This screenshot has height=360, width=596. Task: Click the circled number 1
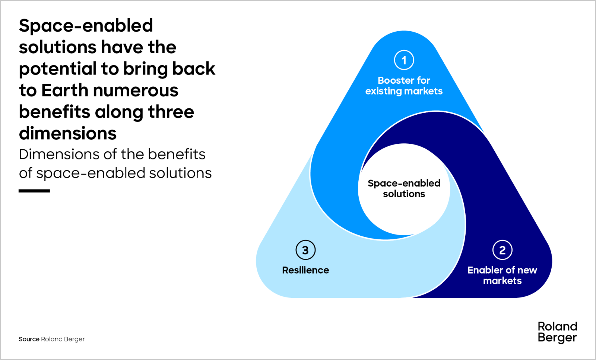pyautogui.click(x=404, y=60)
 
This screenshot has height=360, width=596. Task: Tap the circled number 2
pyautogui.click(x=502, y=250)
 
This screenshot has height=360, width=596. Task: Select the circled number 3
pyautogui.click(x=305, y=250)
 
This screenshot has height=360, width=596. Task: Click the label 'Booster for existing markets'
pyautogui.click(x=404, y=86)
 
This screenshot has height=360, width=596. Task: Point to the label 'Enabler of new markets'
pyautogui.click(x=502, y=275)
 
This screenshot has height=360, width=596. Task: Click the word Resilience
pyautogui.click(x=305, y=270)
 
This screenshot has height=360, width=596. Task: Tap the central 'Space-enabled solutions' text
pyautogui.click(x=404, y=189)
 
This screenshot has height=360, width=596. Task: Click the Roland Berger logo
pyautogui.click(x=557, y=332)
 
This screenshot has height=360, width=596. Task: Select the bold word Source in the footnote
pyautogui.click(x=29, y=339)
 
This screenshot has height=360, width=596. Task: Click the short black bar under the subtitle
pyautogui.click(x=34, y=191)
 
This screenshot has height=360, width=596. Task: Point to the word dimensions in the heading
pyautogui.click(x=68, y=133)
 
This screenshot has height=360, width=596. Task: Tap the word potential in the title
pyautogui.click(x=58, y=69)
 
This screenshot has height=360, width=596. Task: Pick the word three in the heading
pyautogui.click(x=171, y=112)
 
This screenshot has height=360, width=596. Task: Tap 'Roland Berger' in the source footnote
pyautogui.click(x=63, y=339)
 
